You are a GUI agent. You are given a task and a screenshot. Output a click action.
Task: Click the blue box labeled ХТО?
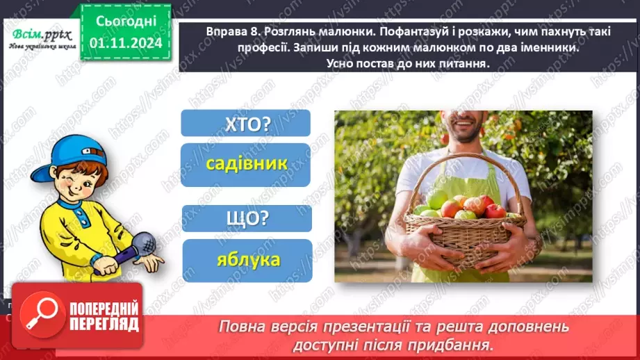pyautogui.click(x=246, y=124)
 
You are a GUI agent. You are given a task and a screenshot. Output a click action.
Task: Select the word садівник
pyautogui.click(x=246, y=165)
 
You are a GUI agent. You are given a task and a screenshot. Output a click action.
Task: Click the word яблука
pyautogui.click(x=247, y=260)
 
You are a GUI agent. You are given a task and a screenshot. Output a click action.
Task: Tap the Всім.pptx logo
pyautogui.click(x=38, y=38)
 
